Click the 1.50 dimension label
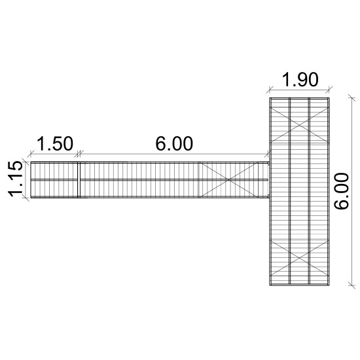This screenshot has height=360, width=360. pyautogui.click(x=54, y=144)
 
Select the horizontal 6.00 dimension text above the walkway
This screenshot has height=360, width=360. pyautogui.click(x=174, y=144)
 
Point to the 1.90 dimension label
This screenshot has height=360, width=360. pyautogui.click(x=300, y=80)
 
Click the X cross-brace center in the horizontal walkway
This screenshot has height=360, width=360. pyautogui.click(x=234, y=179)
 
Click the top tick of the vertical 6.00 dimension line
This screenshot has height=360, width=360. pyautogui.click(x=352, y=97)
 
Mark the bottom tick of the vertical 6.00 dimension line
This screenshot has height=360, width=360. pyautogui.click(x=352, y=285)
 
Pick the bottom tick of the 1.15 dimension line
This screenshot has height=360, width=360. pyautogui.click(x=26, y=198)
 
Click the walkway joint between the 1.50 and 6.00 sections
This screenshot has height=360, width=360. pyautogui.click(x=79, y=179)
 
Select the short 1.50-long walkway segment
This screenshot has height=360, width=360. pyautogui.click(x=55, y=179)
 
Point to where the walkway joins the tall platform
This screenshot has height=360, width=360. pyautogui.click(x=269, y=179)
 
